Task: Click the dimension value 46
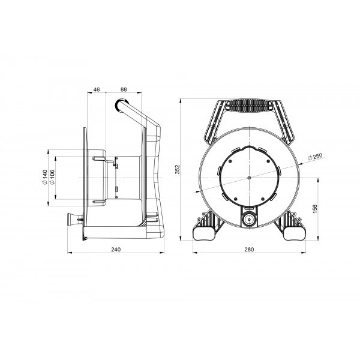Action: coord(97,89)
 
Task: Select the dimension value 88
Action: coord(124,89)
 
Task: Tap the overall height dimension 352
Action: coord(178,169)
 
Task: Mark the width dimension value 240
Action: coord(116,250)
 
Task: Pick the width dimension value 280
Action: coord(249,250)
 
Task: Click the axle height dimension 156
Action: coord(315,209)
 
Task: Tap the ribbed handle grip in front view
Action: coord(249,106)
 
